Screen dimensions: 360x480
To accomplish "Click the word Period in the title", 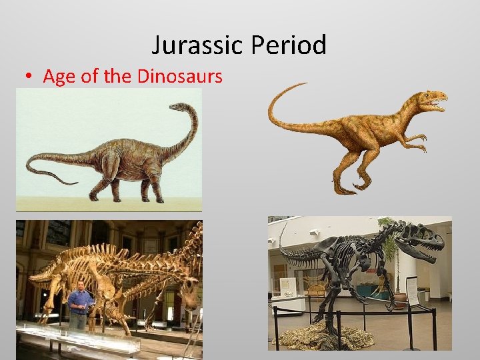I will coord(288,45).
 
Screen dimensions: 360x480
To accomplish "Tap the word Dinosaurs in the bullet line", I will coord(179,76).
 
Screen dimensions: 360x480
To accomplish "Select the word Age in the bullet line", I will coord(57,76).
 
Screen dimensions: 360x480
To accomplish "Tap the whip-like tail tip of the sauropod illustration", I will coord(71,182).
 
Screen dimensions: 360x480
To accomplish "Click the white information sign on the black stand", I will coord(412,291).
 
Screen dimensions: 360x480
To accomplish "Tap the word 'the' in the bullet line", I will coord(118,76).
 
